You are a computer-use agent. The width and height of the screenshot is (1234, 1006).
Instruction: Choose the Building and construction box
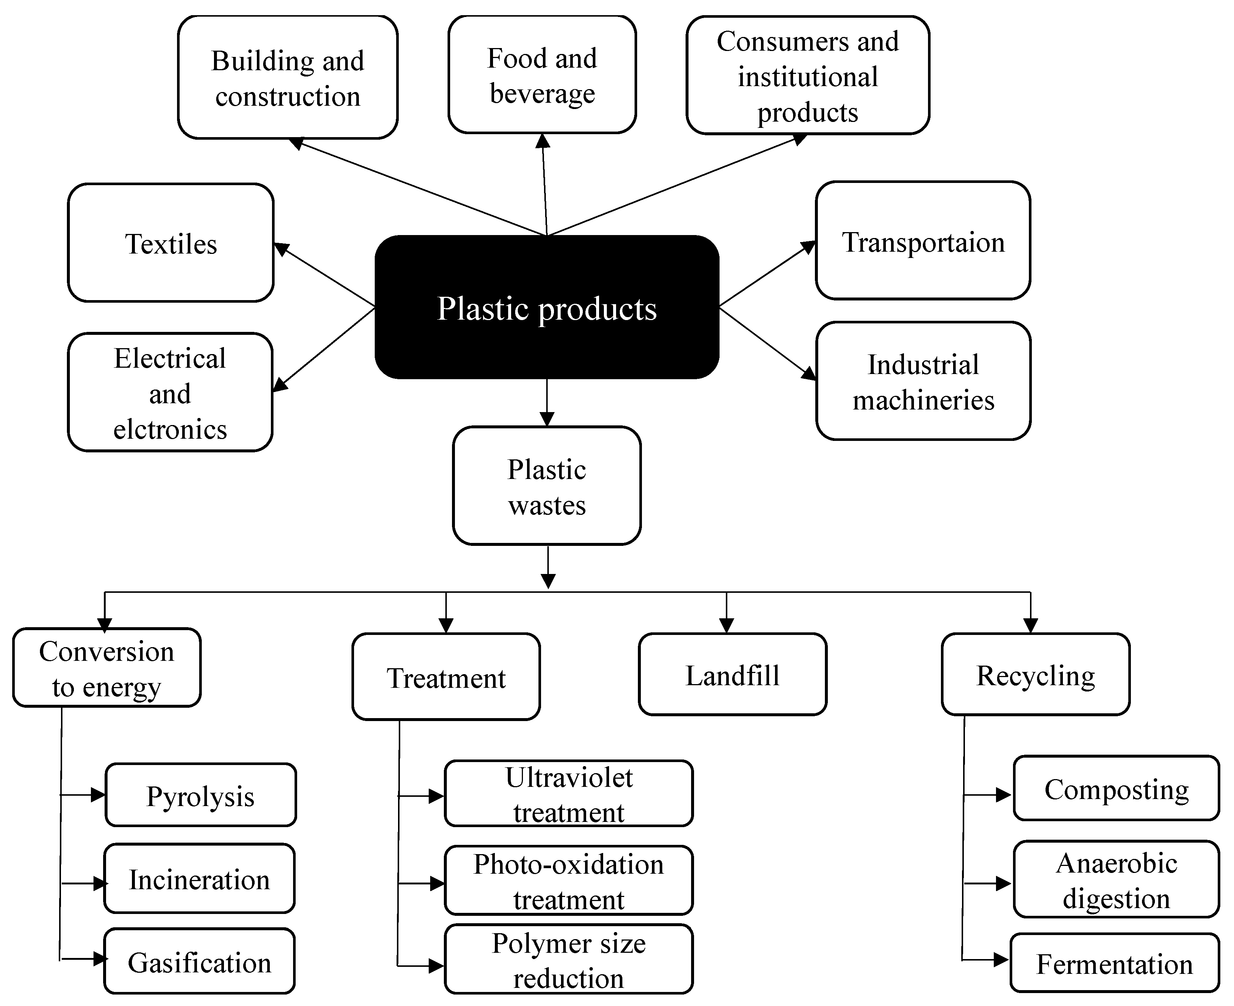[x=288, y=77]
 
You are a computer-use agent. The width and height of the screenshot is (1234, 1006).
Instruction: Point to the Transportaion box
[x=922, y=241]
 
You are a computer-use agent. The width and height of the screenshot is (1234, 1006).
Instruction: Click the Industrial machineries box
[x=922, y=381]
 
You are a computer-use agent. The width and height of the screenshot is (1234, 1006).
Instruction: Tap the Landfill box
[x=732, y=674]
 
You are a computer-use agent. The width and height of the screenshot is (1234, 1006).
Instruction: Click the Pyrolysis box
[x=200, y=795]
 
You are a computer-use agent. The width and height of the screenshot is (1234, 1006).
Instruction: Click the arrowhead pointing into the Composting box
[x=1003, y=795]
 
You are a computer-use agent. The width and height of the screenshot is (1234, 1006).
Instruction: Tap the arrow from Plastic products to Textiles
[x=324, y=274]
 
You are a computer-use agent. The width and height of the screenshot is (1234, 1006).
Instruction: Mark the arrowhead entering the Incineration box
[x=100, y=883]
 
